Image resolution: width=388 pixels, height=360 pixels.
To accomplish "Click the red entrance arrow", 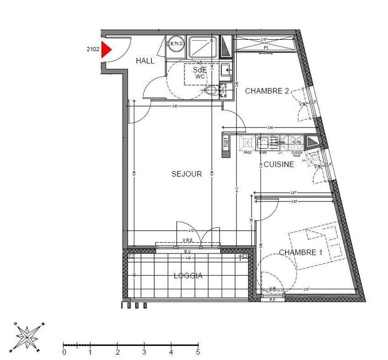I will pyautogui.click(x=106, y=50).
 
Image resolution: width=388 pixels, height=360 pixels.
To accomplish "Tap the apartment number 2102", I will pyautogui.click(x=93, y=48).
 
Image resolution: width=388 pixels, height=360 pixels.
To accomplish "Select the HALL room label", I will pyautogui.click(x=145, y=61).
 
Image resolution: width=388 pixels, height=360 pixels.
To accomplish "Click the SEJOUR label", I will pyautogui.click(x=186, y=174).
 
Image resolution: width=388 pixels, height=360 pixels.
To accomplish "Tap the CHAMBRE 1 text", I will pyautogui.click(x=301, y=252).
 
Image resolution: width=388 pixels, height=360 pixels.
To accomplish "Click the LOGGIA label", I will pyautogui.click(x=188, y=276).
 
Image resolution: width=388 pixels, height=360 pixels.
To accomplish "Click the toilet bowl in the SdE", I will pyautogui.click(x=211, y=90).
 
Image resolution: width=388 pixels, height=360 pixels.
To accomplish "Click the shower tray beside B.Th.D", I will pyautogui.click(x=203, y=47).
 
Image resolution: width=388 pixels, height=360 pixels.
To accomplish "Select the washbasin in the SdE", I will pyautogui.click(x=226, y=71).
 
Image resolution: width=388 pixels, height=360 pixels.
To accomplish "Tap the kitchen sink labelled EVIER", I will pyautogui.click(x=263, y=142).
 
